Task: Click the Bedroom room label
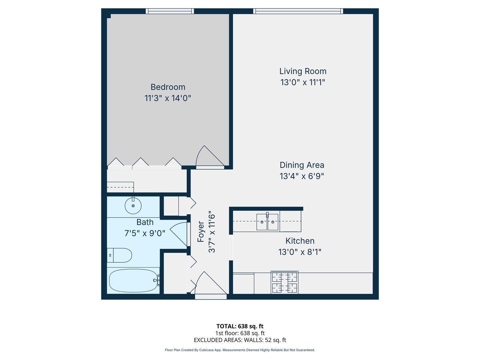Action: [x=168, y=87]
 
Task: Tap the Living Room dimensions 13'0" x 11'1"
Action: [x=303, y=82]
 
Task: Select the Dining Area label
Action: [x=302, y=165]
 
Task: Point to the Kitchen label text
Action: [x=300, y=241]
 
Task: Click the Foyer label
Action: [x=201, y=232]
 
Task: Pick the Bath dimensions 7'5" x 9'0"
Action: [x=145, y=233]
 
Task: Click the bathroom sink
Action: [x=133, y=206]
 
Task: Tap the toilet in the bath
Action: [x=120, y=255]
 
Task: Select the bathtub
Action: [x=133, y=281]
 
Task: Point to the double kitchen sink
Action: [x=267, y=222]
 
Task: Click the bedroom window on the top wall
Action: [x=170, y=11]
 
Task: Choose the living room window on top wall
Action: [x=298, y=11]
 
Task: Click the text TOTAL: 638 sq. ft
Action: [x=240, y=326]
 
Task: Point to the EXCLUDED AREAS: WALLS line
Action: [x=240, y=340]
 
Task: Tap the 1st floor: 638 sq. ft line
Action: [x=240, y=333]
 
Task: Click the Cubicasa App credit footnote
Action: [x=240, y=350]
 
